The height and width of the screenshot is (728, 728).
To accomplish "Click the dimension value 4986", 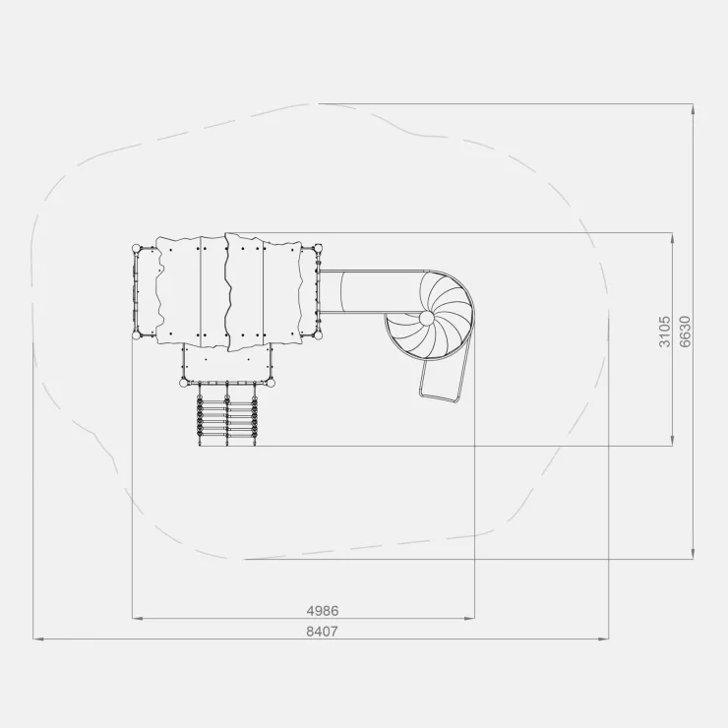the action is click(x=323, y=611).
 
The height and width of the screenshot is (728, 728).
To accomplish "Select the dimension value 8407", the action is click(x=323, y=632).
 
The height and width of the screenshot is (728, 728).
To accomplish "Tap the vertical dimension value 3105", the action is click(x=664, y=332).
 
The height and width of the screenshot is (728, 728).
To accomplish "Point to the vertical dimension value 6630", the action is click(x=685, y=332).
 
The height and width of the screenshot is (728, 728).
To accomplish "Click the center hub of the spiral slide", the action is click(x=426, y=318).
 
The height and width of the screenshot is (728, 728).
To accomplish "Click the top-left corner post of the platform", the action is click(x=136, y=248).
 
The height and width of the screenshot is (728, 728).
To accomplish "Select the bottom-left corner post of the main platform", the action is click(x=136, y=334).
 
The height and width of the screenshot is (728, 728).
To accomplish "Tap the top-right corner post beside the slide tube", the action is click(x=318, y=248).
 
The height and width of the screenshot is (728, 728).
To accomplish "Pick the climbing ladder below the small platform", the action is click(x=227, y=415).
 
